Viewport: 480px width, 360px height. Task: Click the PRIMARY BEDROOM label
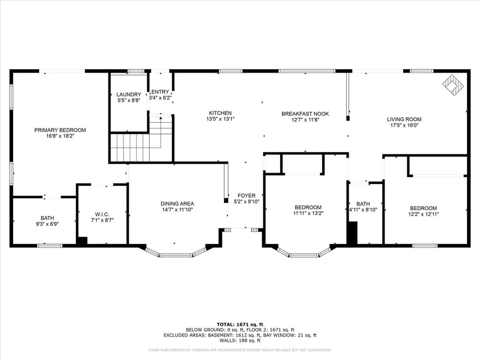60,130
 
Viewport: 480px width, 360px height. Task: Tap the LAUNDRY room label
129,94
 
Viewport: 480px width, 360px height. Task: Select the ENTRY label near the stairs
160,91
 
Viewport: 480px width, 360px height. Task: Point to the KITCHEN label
220,113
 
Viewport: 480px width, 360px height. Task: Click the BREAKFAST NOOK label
304,114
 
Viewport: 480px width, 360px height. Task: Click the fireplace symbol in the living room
453,84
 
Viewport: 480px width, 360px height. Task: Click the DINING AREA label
177,203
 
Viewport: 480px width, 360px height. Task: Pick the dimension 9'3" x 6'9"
47,224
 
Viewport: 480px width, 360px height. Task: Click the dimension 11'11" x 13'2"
308,214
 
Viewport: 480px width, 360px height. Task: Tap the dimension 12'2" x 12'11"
423,214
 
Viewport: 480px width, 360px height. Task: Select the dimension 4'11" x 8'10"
363,210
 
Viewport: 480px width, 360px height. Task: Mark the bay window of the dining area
175,253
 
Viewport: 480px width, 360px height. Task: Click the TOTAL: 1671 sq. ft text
240,325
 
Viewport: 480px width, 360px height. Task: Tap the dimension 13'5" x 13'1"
220,119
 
